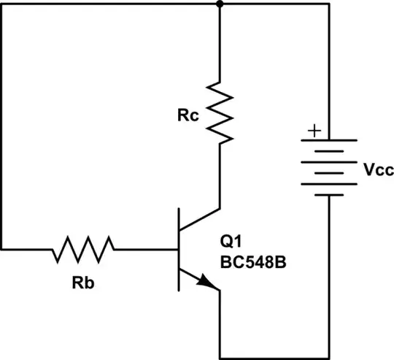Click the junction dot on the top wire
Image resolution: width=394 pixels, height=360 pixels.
[x=219, y=4]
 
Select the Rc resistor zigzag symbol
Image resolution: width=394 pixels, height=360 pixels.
[x=219, y=110]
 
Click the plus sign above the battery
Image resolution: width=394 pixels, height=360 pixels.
[x=314, y=131]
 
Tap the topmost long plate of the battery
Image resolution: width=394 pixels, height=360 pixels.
[x=331, y=140]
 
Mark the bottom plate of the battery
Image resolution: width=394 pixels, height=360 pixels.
[x=331, y=195]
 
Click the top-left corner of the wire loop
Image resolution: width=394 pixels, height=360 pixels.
[x=4, y=4]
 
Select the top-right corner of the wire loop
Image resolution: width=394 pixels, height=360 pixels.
[x=331, y=4]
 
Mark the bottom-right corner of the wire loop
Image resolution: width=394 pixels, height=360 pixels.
[x=331, y=357]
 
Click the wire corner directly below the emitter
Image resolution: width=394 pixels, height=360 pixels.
[x=219, y=357]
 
